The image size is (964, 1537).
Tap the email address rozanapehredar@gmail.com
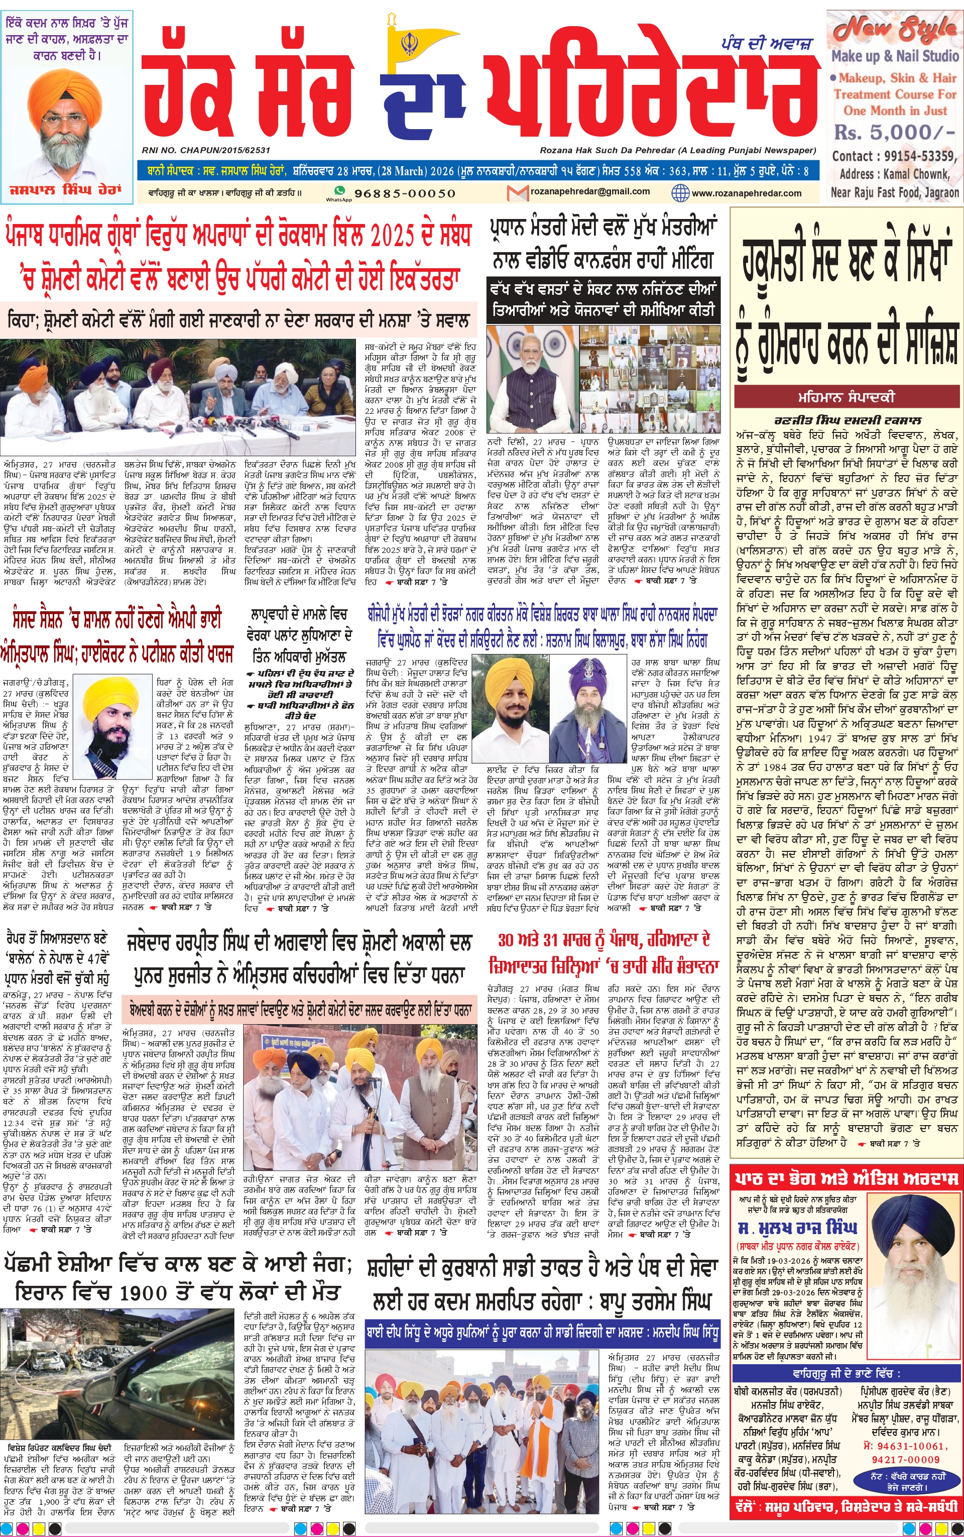tap(590, 191)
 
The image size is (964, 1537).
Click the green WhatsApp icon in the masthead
tap(339, 191)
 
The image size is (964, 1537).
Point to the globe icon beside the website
tap(680, 192)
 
